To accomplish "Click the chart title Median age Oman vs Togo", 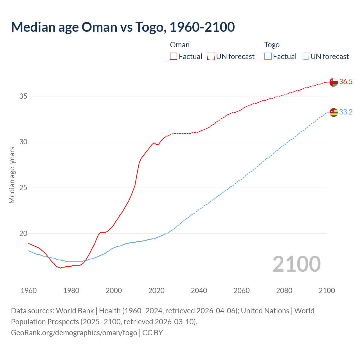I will click(x=123, y=27).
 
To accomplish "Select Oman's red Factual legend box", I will click(x=174, y=56).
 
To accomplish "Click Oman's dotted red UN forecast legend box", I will click(x=211, y=56).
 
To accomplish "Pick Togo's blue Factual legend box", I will click(x=268, y=56).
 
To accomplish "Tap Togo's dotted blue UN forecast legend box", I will click(x=305, y=56).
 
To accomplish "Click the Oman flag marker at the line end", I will click(x=334, y=82).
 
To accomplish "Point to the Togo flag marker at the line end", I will click(x=334, y=112).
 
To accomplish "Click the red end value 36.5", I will click(x=346, y=82).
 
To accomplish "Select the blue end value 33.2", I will click(x=346, y=112).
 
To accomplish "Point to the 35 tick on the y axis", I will click(x=23, y=96).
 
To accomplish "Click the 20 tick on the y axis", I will click(x=23, y=233).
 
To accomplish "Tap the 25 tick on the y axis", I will click(x=23, y=188).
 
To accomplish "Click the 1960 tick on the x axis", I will click(x=29, y=291).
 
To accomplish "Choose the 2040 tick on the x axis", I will click(x=199, y=291).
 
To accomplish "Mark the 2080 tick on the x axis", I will click(x=284, y=291).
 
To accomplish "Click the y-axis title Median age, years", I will click(x=12, y=175).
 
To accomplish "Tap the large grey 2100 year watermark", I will click(x=296, y=264).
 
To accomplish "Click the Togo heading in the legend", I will click(x=272, y=45).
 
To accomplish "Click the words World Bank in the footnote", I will click(x=75, y=311).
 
